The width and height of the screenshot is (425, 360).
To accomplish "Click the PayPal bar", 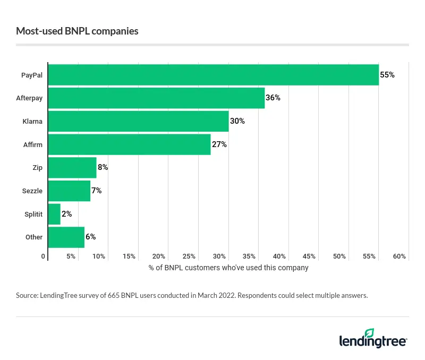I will (212, 75).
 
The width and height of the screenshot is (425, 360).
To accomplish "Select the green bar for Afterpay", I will (156, 98).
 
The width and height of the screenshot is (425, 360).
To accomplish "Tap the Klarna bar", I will (138, 121).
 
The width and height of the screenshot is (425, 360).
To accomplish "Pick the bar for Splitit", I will (54, 213).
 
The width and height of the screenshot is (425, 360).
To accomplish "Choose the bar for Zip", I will (72, 167).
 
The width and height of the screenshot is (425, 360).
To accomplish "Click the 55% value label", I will (387, 75).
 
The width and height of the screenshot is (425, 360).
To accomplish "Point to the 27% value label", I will (219, 144).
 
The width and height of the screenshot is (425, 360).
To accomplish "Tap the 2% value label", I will (66, 213).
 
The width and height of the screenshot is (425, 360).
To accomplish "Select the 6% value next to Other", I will (90, 237).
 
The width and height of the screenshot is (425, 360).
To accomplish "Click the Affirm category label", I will (33, 144).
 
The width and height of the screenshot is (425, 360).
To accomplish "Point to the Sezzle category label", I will (32, 191).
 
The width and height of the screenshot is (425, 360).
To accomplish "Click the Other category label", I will (33, 237).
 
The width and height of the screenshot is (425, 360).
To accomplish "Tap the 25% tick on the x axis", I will (190, 256).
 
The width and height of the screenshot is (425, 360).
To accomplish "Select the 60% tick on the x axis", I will (399, 256).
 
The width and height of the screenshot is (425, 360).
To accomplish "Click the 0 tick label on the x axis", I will (44, 256).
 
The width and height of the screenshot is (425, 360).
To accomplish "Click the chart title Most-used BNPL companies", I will (77, 31).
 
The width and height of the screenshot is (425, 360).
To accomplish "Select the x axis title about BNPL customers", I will (228, 268).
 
